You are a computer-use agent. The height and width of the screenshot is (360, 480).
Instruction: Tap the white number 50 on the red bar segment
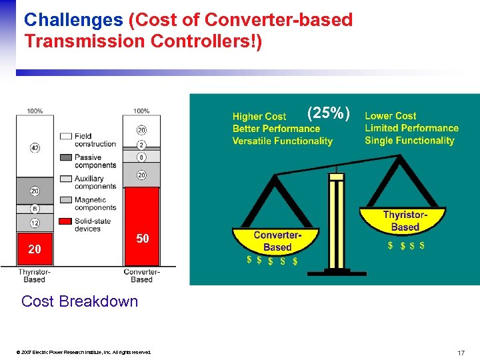coord(142,239)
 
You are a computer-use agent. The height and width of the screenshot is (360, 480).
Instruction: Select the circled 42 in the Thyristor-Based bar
coord(34,148)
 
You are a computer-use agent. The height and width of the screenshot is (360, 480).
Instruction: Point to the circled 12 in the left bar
coord(34,223)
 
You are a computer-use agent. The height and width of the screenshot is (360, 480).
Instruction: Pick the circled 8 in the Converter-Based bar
coord(141,158)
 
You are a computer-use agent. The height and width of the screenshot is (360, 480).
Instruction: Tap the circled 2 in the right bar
coord(141,145)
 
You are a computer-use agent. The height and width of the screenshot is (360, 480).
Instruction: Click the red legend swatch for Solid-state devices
coord(65,221)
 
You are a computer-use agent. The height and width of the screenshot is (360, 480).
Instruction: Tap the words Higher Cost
coord(259,117)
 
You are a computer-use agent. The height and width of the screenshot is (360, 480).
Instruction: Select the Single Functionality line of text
coord(409,141)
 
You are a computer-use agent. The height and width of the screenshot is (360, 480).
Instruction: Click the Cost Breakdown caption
coord(79,301)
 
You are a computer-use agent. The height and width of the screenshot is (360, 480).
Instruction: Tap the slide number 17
coord(461,352)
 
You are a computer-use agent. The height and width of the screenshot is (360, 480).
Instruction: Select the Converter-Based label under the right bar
coord(141,275)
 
